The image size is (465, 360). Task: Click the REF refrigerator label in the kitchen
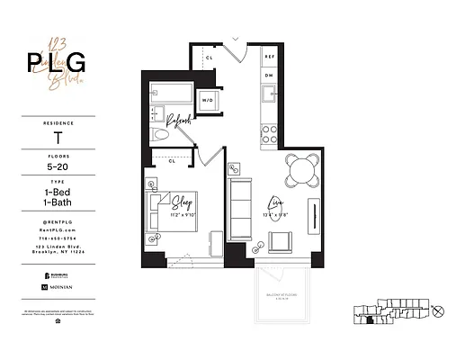pyautogui.click(x=268, y=56)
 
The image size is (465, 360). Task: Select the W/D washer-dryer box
pyautogui.click(x=208, y=100)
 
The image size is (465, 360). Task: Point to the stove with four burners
pyautogui.click(x=268, y=134)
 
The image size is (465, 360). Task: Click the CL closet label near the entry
pyautogui.click(x=209, y=57)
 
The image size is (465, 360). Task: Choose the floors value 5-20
pyautogui.click(x=58, y=166)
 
